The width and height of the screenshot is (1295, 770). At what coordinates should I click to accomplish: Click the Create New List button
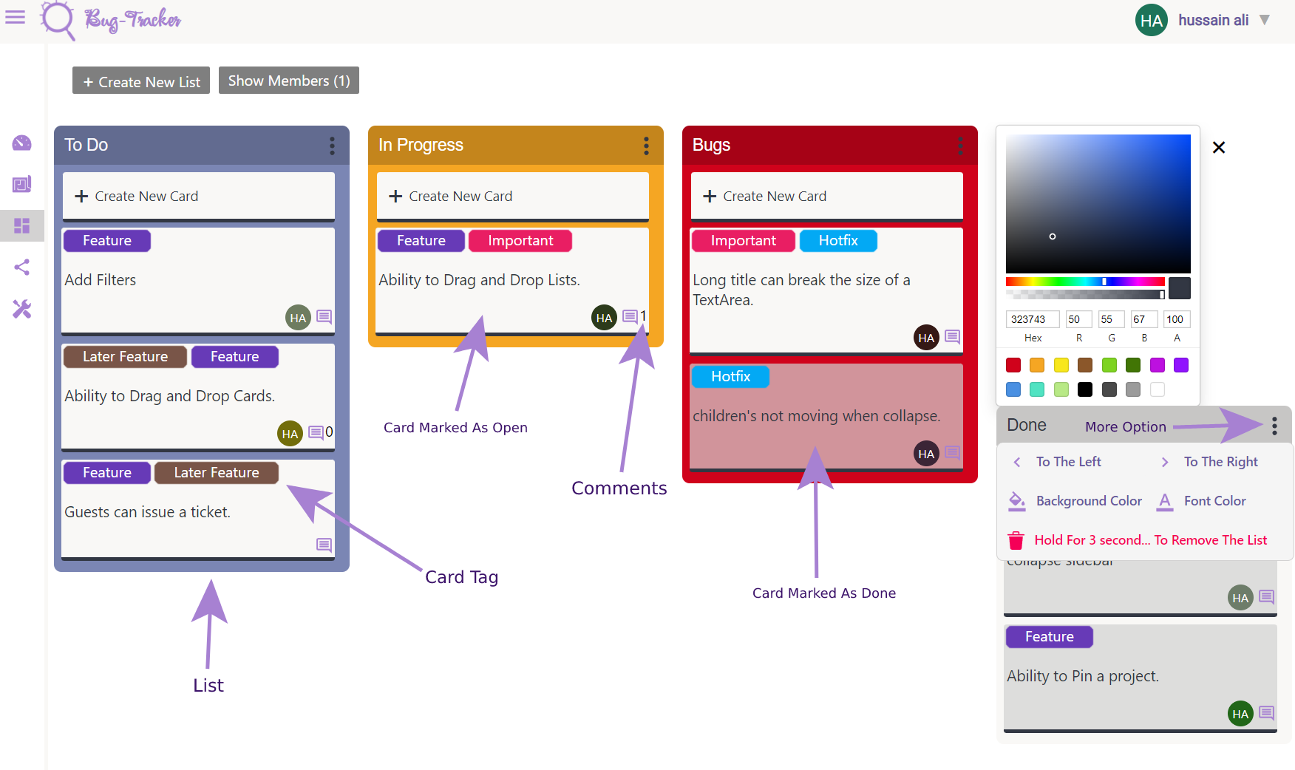point(141,81)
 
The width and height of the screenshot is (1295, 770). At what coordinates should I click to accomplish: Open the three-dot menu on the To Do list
point(332,146)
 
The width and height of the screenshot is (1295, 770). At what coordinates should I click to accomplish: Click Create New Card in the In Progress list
point(512,196)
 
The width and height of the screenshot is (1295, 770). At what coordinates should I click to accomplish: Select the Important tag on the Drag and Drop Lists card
point(520,241)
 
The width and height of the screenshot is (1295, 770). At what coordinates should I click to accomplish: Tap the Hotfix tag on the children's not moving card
point(730,377)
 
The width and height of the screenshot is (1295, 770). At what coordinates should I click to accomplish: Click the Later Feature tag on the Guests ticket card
point(216,473)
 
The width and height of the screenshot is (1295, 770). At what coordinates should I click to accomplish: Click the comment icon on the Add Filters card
point(324,317)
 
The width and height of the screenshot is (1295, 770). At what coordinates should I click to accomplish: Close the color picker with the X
point(1219,148)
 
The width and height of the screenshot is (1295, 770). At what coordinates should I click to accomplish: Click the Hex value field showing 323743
point(1032,319)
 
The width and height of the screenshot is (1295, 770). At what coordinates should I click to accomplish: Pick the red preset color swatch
point(1013,365)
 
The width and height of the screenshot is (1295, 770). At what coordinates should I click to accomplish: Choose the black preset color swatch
point(1085,389)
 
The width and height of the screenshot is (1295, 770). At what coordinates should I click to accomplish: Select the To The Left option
point(1067,462)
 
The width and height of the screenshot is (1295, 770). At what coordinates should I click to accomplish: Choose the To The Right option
point(1220,462)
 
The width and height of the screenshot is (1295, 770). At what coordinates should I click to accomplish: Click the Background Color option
point(1088,501)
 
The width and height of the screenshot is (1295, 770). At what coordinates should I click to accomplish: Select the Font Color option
point(1214,501)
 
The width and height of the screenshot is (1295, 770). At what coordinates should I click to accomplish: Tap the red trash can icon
point(1016,540)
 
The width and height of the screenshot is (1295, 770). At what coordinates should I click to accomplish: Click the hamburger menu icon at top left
point(15,17)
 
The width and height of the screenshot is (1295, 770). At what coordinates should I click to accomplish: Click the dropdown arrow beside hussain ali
point(1265,20)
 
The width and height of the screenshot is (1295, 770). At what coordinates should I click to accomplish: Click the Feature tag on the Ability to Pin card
point(1049,637)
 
